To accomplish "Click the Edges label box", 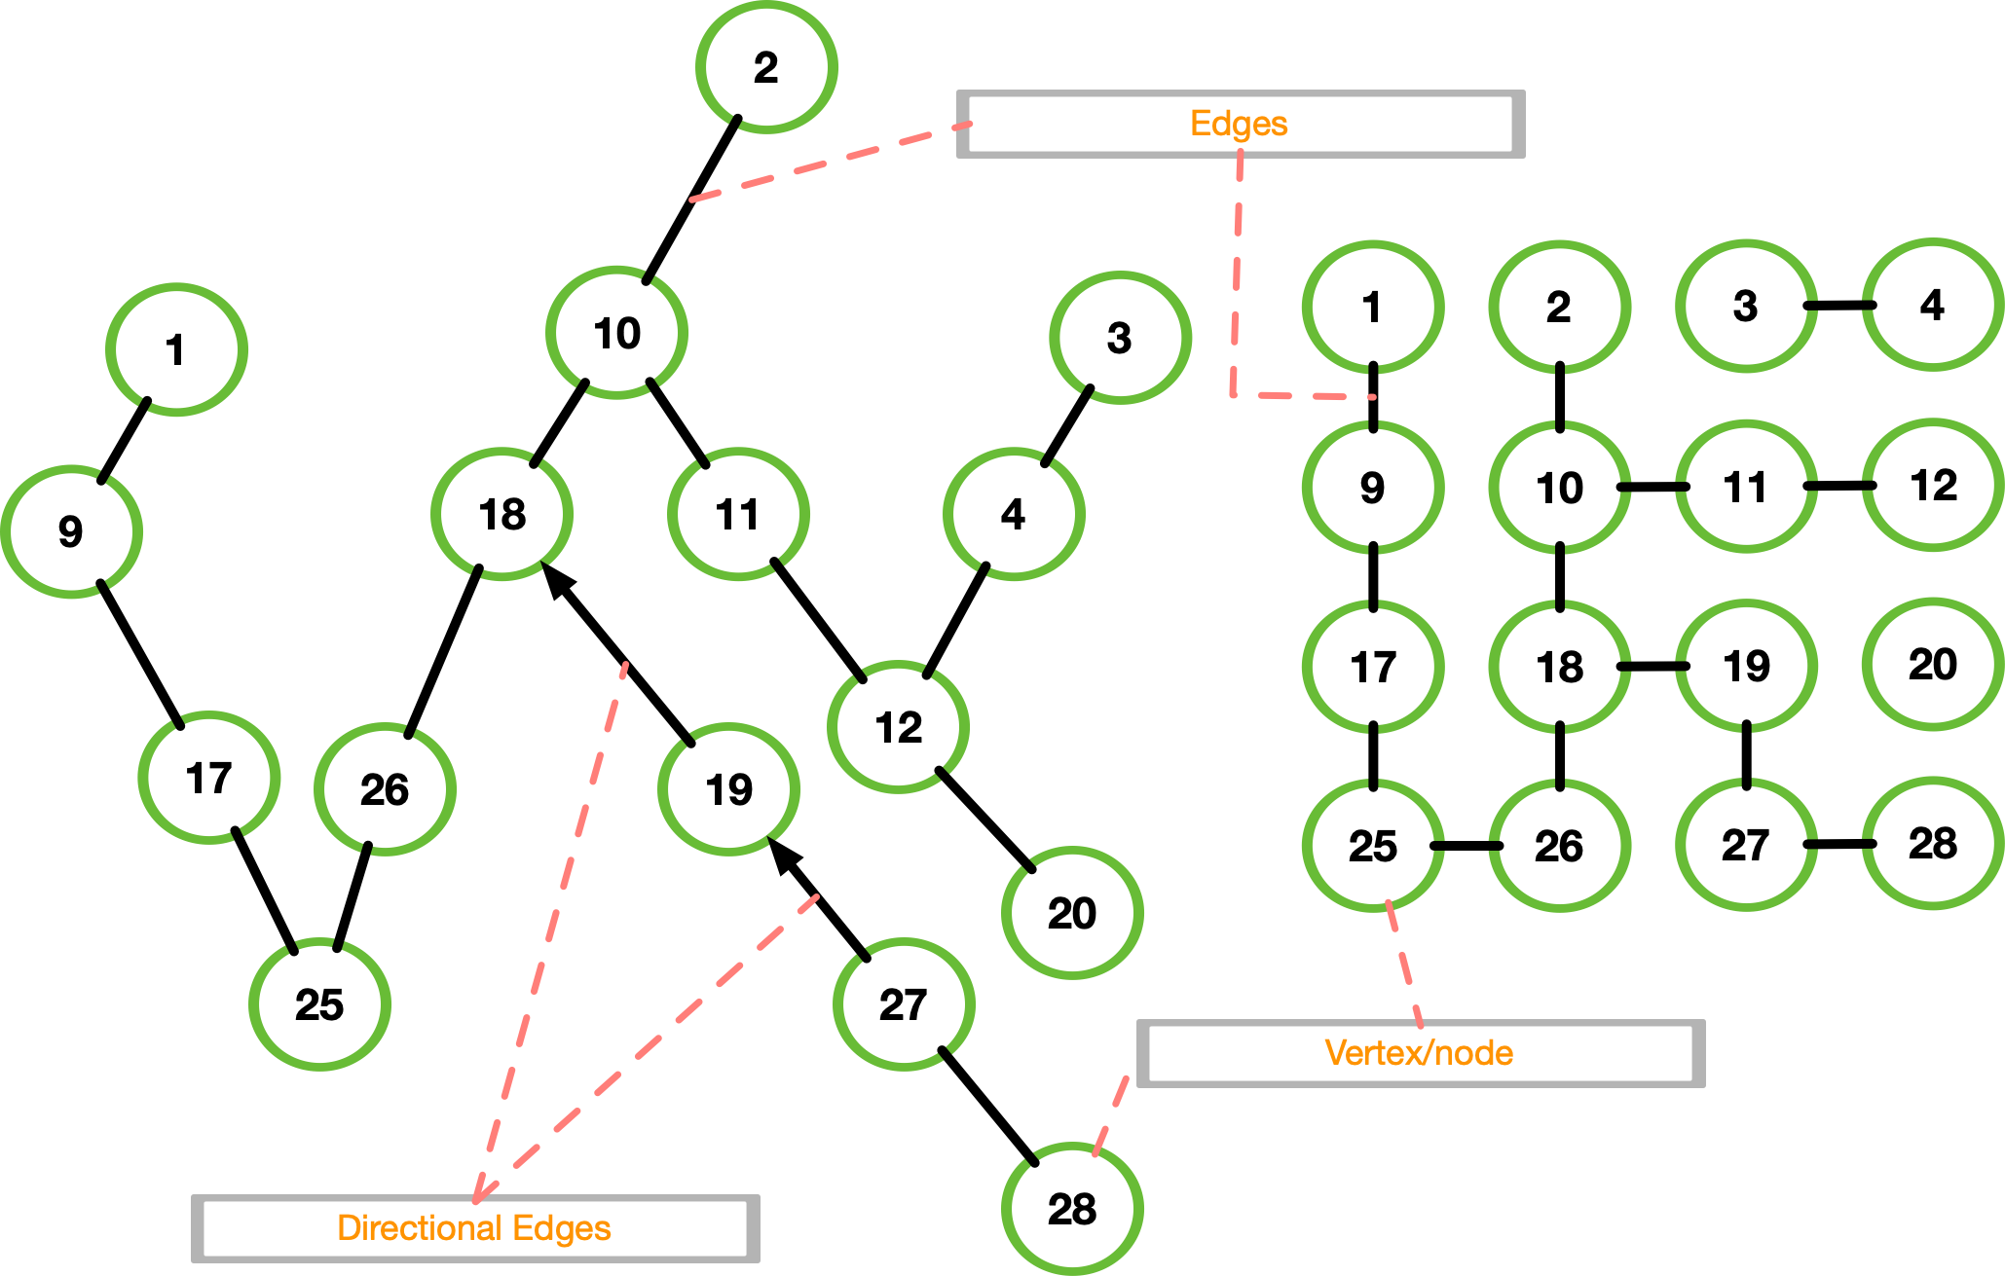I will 1240,124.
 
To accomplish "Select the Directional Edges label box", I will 474,1228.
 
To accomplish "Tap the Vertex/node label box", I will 1420,1053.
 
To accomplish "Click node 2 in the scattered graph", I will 766,67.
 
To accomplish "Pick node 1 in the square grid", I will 1373,308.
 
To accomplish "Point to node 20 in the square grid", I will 1933,665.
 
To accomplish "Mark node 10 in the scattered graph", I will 617,333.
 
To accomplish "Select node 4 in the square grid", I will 1933,306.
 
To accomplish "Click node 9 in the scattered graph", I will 71,531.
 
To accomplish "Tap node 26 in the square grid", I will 1559,846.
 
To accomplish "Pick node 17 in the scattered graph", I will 209,778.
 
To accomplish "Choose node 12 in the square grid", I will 1933,486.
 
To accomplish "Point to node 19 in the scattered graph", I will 729,789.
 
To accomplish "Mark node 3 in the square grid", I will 1746,307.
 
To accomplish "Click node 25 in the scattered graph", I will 319,1004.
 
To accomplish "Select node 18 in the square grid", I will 1559,667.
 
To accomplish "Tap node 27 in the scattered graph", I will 904,1004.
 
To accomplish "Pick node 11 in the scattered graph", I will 738,514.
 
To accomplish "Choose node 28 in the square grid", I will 1933,844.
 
